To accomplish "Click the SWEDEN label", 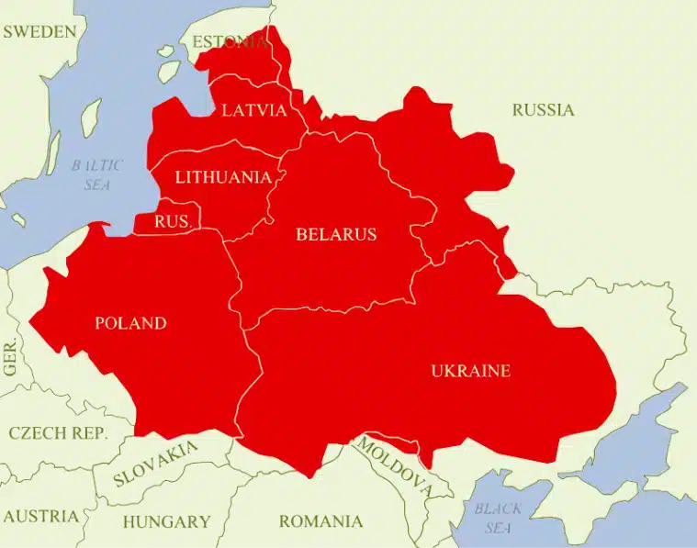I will (39, 32).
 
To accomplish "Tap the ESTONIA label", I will (230, 42).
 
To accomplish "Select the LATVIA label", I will (254, 110).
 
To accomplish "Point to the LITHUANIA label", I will (223, 177).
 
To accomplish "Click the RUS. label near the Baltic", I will (173, 222).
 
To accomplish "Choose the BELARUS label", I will (336, 234).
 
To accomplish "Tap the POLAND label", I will (130, 323).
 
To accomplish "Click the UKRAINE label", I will (470, 371).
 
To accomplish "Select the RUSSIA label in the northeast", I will (543, 110).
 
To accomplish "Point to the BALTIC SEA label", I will (96, 174).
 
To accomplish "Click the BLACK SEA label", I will (498, 518).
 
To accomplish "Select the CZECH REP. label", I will (58, 432).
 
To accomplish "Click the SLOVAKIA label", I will (155, 464).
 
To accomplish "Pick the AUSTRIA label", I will (39, 516).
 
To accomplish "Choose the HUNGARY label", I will (166, 521).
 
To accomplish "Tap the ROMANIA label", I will (320, 521).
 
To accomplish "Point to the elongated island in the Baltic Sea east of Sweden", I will (91, 117).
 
